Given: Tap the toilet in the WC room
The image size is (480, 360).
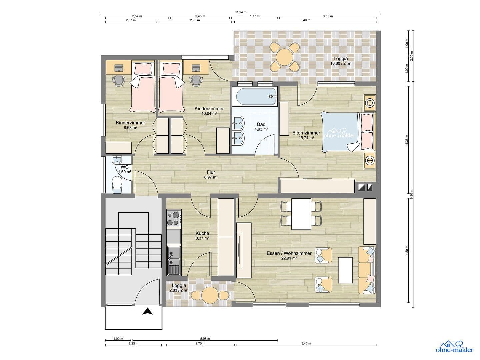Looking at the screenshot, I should point(117,184).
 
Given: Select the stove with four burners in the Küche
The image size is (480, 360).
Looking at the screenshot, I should point(174,218).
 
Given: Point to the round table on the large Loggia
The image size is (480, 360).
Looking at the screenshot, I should point(284,57).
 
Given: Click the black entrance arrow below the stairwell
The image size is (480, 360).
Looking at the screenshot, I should point(147,312).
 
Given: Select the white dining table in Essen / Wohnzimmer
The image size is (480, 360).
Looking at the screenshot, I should point(301,214).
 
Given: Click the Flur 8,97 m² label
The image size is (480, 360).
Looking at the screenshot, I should point(211,175).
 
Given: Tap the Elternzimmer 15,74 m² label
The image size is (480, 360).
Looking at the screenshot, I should point(306,135).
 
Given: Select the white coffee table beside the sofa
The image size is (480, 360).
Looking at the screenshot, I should point(345,270).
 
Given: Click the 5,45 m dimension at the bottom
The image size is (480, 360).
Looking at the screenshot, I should point(306,343).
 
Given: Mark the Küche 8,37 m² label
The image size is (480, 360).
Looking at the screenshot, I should point(202,236).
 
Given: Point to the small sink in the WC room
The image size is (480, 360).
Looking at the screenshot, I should point(117,160).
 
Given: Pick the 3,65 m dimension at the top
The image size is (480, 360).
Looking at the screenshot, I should point(328,16).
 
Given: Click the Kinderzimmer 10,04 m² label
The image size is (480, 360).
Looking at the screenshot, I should point(209,111).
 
